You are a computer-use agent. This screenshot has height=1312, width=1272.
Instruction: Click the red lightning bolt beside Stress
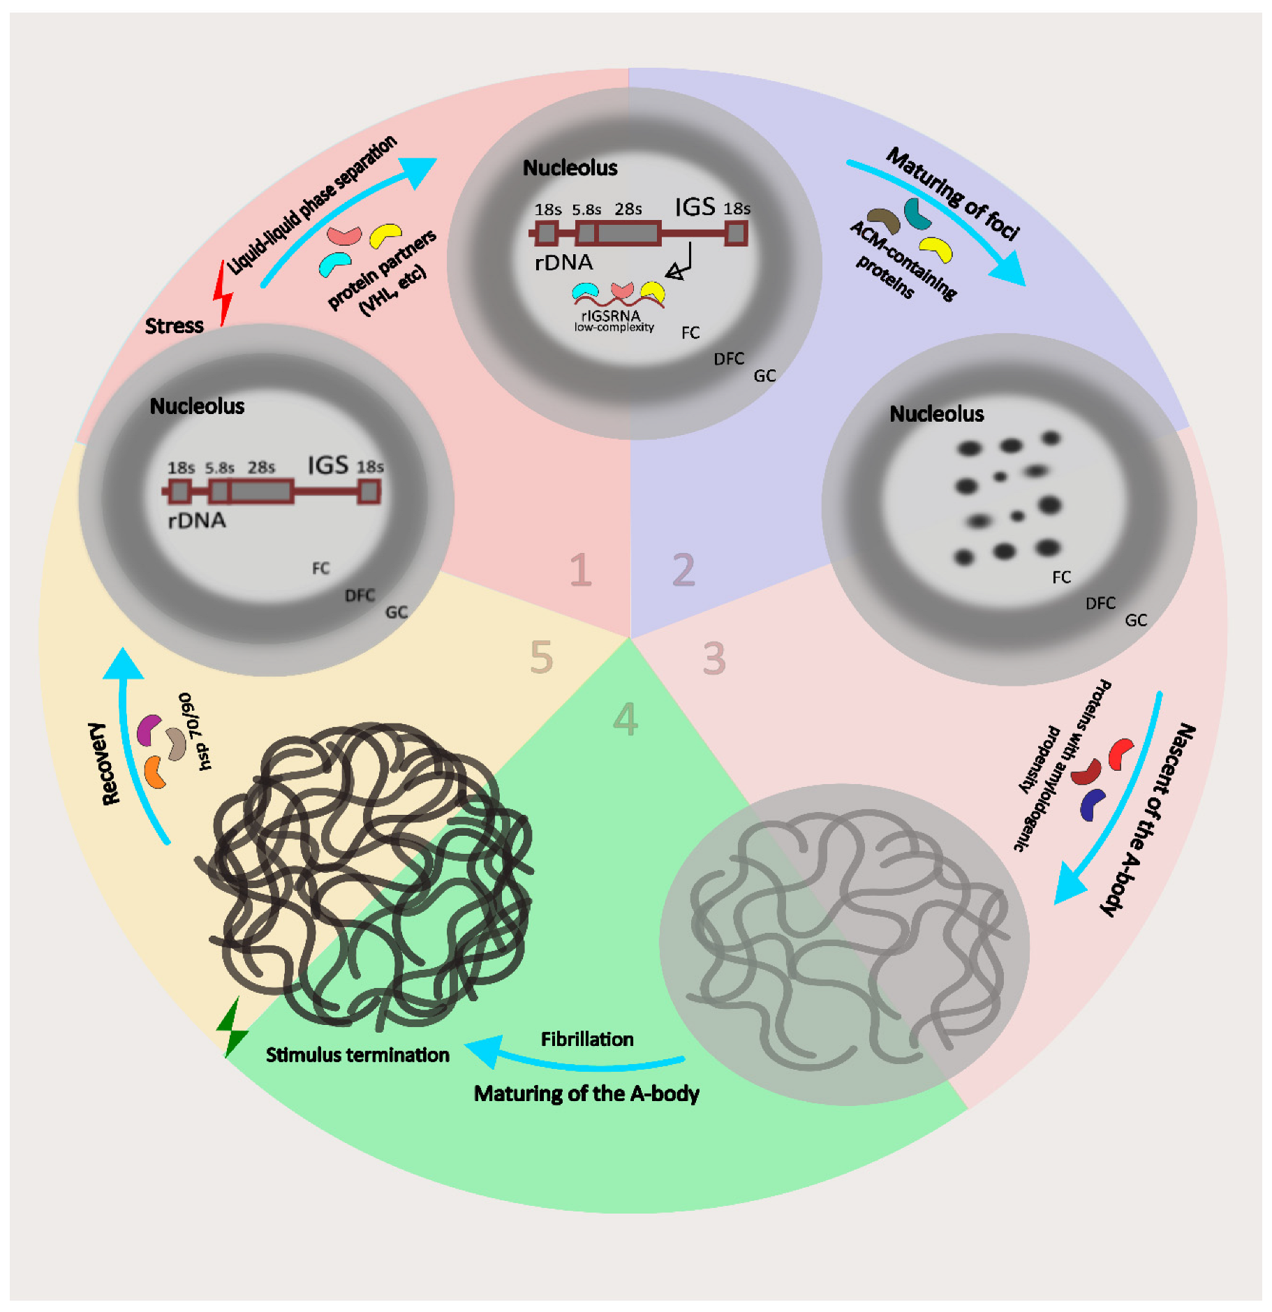[223, 293]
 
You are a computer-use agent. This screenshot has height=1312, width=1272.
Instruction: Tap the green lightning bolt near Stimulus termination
[232, 1027]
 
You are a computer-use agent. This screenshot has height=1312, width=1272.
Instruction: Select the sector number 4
[625, 719]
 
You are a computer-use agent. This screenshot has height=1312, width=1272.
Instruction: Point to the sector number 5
[541, 657]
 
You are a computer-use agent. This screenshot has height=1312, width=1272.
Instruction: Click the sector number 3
[713, 658]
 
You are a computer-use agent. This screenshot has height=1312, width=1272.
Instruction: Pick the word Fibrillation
[587, 1040]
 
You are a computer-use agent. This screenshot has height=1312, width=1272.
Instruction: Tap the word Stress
[174, 326]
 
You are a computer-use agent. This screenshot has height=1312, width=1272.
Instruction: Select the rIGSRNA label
[610, 316]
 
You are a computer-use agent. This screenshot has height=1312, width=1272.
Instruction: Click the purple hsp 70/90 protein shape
[149, 730]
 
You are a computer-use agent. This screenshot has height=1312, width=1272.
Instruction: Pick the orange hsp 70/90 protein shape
[155, 772]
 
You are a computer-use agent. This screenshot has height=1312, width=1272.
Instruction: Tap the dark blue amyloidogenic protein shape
[1092, 804]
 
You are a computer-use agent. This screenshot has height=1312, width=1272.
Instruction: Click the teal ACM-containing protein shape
[917, 214]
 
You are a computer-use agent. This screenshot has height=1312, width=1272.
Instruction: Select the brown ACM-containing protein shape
[883, 221]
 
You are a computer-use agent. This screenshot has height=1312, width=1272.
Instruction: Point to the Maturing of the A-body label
[586, 1093]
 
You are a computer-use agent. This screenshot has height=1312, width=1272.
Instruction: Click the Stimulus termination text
[357, 1055]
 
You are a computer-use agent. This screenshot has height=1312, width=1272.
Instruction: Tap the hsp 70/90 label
[195, 731]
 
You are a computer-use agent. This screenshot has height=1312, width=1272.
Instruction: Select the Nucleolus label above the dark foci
[936, 414]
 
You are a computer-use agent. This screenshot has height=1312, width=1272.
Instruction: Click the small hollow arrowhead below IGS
[674, 272]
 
